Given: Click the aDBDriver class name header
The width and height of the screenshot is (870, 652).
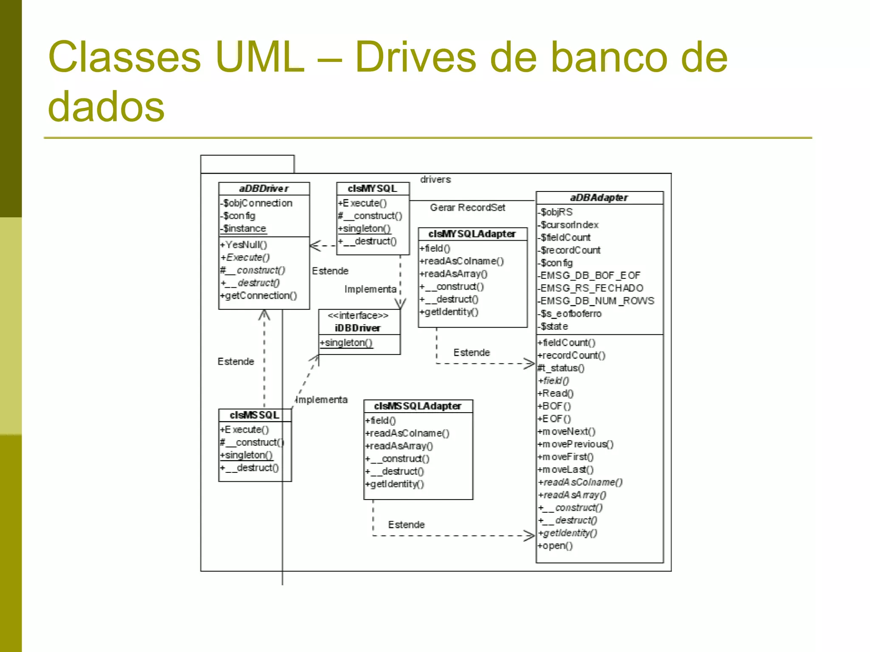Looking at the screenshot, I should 264,188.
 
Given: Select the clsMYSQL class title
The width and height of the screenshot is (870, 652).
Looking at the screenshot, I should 372,188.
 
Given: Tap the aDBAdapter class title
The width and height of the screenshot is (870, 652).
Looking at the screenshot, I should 599,198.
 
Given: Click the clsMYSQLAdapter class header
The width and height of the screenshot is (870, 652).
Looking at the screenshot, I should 472,234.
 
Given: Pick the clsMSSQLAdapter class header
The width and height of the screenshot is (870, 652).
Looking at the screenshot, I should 418,406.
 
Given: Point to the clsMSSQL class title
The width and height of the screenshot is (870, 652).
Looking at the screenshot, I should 254,415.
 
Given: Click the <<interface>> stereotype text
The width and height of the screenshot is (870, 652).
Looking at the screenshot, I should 358,316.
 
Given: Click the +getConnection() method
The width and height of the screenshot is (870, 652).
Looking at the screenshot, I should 259,295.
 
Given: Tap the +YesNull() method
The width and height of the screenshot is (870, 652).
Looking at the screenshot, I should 244,245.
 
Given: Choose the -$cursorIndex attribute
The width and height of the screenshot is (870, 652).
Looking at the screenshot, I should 568,225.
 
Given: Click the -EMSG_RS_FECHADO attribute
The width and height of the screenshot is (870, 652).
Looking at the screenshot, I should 590,288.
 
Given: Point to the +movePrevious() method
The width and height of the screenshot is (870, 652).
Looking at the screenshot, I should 576,444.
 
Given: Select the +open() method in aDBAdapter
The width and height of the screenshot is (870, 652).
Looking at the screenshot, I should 555,546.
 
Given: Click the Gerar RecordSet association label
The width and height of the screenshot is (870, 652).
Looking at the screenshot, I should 467,208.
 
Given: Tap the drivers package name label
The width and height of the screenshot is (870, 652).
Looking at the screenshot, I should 435,180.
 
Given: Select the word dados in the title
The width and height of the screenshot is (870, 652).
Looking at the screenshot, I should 106,106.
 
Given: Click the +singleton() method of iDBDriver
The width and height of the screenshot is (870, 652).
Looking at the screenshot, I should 346,343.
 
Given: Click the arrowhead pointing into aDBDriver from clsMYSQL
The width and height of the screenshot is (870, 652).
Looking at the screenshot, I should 315,246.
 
